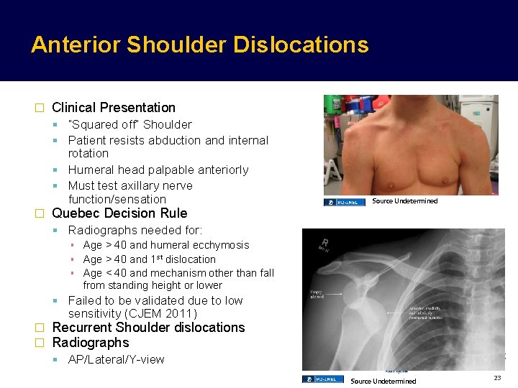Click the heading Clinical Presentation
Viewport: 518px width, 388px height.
(x=114, y=108)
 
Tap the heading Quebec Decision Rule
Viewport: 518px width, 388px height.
(x=119, y=213)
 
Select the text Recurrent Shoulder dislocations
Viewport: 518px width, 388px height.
(x=148, y=328)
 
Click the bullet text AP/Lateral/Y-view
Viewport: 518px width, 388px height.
(x=116, y=359)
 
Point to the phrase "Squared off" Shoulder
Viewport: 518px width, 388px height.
(x=129, y=124)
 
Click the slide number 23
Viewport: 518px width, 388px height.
(x=496, y=378)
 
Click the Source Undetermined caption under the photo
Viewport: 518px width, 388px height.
(x=404, y=201)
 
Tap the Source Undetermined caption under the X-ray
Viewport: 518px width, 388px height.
(x=383, y=381)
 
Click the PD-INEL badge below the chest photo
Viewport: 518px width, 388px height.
(x=344, y=202)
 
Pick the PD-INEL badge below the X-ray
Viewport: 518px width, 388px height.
(x=322, y=379)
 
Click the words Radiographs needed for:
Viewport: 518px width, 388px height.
(x=135, y=230)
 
